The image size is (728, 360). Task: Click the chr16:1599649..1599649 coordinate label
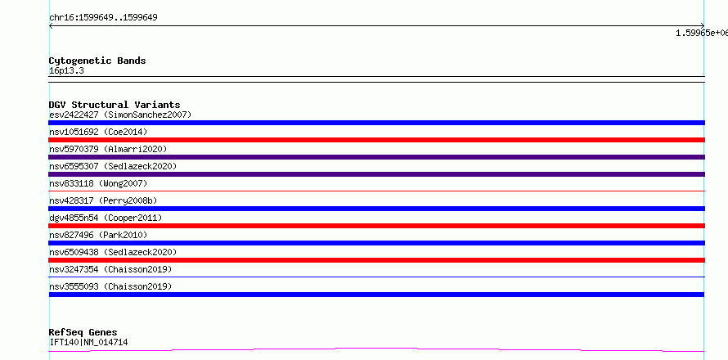103,18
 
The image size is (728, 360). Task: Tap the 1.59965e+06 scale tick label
702,33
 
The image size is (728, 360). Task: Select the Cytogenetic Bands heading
97,61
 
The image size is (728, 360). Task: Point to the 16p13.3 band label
66,71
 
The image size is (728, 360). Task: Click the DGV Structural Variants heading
115,105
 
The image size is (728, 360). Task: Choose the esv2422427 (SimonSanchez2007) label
120,115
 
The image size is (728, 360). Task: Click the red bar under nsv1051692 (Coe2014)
376,140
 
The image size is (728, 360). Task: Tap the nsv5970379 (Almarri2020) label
108,149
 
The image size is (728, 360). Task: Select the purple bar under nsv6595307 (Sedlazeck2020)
376,174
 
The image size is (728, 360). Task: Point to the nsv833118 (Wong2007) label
98,183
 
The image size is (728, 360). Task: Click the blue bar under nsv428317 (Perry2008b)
376,209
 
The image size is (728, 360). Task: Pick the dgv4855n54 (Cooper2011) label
106,218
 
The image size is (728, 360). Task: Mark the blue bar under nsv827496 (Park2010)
376,243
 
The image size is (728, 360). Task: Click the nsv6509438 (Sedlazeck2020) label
113,252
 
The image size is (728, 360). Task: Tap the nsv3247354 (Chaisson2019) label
110,269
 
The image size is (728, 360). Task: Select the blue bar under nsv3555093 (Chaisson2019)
376,295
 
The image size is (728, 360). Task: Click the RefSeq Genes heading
83,333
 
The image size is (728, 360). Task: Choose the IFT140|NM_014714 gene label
88,343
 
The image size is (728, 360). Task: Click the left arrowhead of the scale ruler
50,26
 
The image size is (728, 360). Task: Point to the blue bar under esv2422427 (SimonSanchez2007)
376,123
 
